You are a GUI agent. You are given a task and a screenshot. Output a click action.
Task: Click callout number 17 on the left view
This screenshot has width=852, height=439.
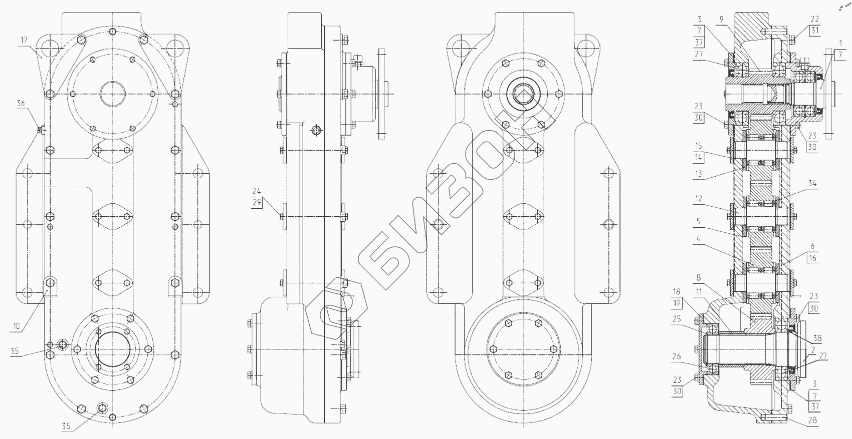24,40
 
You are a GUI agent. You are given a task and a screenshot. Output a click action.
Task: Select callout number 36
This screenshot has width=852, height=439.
21,103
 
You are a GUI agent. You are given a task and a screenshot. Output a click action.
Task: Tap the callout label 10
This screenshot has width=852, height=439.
16,326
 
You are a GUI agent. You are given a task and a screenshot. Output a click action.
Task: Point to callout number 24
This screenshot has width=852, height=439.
257,191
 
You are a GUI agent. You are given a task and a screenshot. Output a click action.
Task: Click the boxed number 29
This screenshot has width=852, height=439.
257,202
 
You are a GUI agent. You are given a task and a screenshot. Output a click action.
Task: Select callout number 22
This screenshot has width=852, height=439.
814,19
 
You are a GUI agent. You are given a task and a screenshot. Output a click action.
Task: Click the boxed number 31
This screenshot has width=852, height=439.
814,31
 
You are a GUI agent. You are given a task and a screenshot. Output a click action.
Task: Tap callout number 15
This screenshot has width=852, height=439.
698,146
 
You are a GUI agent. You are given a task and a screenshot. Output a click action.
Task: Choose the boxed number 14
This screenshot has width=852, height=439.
698,157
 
